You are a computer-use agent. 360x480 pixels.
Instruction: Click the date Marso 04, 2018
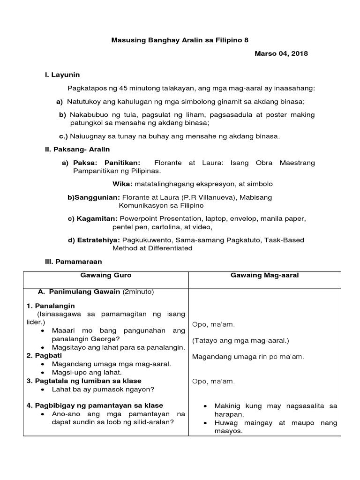(281, 54)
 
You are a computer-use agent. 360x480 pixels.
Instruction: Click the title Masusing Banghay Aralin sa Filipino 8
(180, 40)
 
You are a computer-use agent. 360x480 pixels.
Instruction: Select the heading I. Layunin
(62, 75)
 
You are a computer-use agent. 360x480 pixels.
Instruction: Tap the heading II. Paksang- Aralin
(77, 150)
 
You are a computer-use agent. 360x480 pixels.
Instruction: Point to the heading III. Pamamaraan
(73, 262)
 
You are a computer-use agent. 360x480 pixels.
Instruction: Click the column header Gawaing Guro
(106, 276)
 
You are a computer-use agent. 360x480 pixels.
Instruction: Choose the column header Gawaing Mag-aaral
(264, 276)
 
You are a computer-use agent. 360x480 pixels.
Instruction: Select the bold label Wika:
(123, 184)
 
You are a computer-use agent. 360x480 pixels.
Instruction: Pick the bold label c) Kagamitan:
(93, 219)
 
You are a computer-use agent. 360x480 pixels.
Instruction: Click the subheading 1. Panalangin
(51, 306)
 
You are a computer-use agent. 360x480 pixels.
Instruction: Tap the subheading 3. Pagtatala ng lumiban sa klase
(84, 381)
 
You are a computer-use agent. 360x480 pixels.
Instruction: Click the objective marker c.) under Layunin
(63, 136)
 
